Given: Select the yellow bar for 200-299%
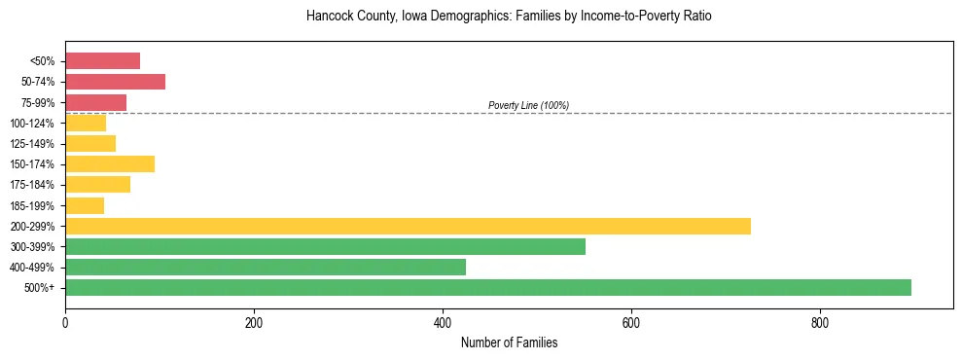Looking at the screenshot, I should [408, 226].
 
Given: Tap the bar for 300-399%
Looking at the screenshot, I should [325, 246].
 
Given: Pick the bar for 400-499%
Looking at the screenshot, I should [266, 267].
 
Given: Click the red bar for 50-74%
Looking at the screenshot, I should [115, 81].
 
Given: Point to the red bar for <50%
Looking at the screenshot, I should [102, 60].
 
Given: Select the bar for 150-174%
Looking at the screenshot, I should [110, 163].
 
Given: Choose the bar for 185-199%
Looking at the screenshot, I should [85, 205].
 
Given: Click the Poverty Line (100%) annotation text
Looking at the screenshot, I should [528, 105].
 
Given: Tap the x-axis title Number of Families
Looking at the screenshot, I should [509, 342].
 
